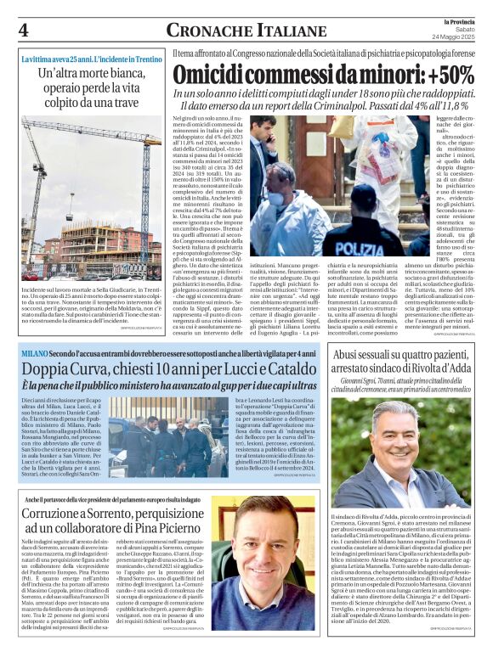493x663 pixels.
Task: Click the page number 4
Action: pos(23,30)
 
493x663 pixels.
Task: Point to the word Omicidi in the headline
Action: pos(209,74)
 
